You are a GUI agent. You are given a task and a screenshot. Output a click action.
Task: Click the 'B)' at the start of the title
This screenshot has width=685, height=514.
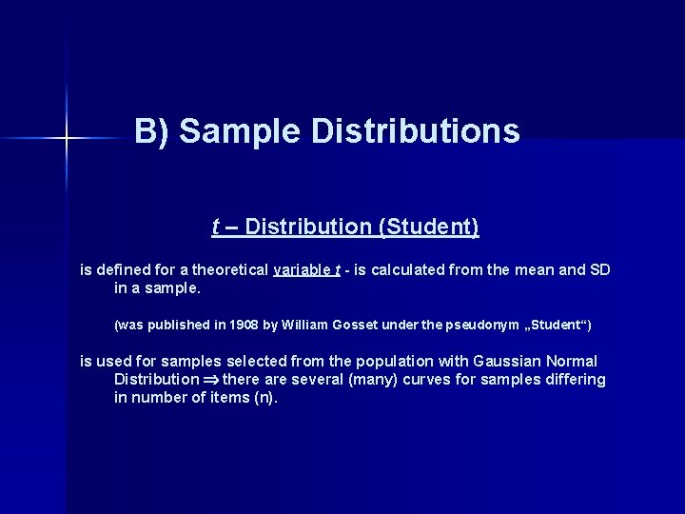(x=152, y=130)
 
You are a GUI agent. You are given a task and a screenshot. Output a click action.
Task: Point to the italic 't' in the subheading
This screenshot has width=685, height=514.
(x=215, y=227)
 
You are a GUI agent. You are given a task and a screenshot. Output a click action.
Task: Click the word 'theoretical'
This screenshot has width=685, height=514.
(x=226, y=269)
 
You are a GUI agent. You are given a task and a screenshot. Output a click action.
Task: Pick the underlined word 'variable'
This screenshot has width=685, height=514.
(x=300, y=269)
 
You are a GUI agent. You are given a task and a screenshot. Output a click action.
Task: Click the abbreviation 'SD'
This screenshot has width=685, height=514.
(x=599, y=269)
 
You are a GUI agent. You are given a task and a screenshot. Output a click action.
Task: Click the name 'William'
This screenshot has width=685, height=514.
(x=304, y=325)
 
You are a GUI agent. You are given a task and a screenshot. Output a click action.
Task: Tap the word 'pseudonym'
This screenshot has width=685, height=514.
(x=479, y=325)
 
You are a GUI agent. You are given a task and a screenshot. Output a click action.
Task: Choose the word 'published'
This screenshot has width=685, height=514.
(x=179, y=325)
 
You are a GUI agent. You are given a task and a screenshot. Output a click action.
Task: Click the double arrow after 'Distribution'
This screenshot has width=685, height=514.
(x=210, y=380)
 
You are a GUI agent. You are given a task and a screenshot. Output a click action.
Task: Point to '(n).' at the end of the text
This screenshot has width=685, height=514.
(x=262, y=398)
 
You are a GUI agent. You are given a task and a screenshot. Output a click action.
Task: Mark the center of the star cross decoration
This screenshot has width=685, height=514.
(x=67, y=139)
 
